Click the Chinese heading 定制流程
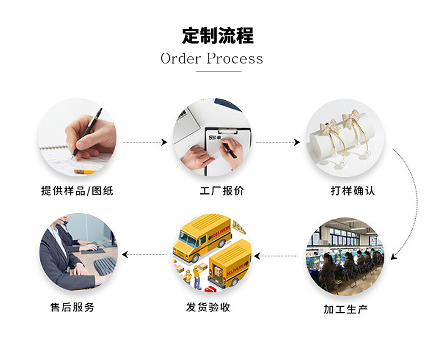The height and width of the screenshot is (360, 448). (x=218, y=36)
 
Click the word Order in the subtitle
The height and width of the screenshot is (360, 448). (x=180, y=58)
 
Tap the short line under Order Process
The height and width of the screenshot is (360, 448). (x=218, y=71)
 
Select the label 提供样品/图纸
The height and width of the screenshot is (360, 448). (x=77, y=191)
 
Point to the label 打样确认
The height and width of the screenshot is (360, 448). (x=353, y=191)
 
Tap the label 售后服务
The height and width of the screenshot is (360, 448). (x=72, y=307)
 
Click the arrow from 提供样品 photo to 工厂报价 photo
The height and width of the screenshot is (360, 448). (x=145, y=142)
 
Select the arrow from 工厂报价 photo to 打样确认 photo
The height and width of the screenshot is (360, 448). (x=277, y=142)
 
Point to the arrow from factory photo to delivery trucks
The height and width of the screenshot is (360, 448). (x=276, y=256)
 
